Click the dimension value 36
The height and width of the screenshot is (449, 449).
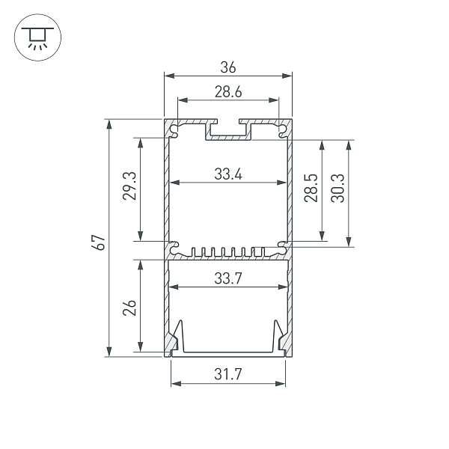tap(228, 67)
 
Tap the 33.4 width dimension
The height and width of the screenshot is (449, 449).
tap(227, 174)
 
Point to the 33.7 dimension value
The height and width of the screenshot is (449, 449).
tap(227, 278)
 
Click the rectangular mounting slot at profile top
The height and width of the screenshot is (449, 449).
tap(229, 130)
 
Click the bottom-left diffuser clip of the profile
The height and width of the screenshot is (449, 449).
tap(176, 339)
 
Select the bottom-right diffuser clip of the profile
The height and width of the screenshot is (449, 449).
tap(281, 339)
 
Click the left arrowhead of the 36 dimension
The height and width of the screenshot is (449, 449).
tap(168, 76)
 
